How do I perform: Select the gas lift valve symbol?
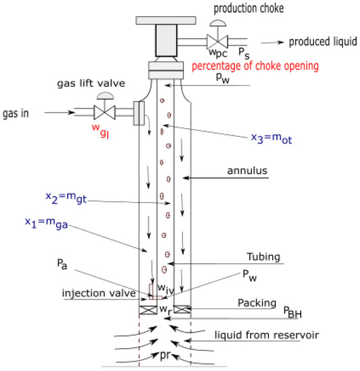(104, 110)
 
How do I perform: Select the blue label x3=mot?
(274, 139)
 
